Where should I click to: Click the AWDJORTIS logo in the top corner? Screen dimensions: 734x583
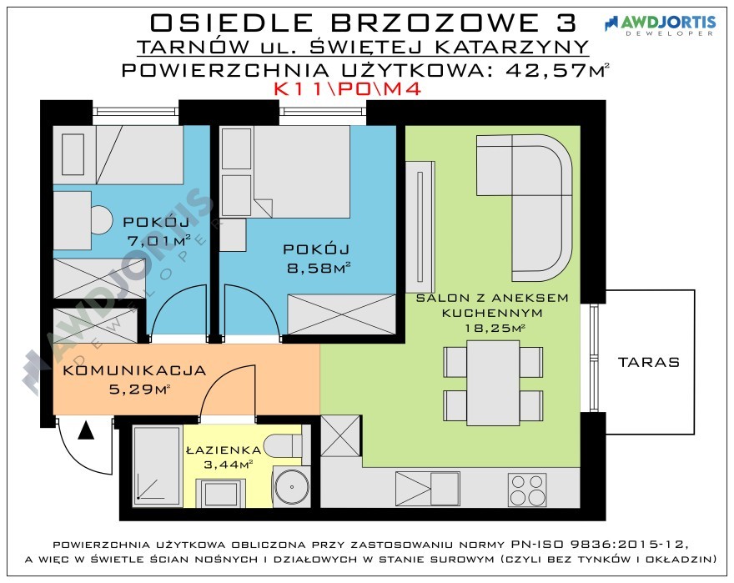pos(660,25)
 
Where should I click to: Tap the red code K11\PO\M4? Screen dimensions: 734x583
pos(347,89)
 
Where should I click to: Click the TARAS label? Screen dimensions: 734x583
pos(648,362)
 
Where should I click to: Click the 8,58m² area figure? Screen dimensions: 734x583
pos(319,268)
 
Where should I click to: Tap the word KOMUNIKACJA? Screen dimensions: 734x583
pos(134,370)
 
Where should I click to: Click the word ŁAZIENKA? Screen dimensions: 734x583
pos(224,450)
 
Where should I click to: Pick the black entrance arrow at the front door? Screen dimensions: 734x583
pos(86,430)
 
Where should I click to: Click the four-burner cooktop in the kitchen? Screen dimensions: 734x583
pos(527,490)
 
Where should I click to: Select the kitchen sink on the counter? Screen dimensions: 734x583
pos(427,489)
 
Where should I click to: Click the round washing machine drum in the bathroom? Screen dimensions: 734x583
pos(291,486)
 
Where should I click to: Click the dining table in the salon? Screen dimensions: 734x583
pos(493,383)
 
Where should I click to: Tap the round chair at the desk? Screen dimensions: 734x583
pos(102,219)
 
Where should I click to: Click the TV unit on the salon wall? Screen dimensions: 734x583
pos(420,227)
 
